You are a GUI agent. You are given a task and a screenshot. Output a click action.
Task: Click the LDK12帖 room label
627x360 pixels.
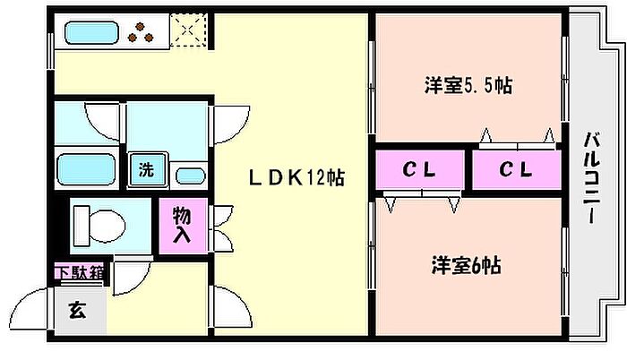[x=296, y=177]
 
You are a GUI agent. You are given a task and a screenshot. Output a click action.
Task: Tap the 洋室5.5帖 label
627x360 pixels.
[x=468, y=85]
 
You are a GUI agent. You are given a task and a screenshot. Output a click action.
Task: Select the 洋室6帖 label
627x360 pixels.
[x=467, y=266]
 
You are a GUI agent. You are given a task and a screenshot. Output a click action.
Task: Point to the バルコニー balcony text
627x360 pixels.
[x=592, y=178]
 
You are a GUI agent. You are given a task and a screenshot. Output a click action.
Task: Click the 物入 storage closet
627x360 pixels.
[x=183, y=226]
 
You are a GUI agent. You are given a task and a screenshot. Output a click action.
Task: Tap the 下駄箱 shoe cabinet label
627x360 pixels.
[x=80, y=272]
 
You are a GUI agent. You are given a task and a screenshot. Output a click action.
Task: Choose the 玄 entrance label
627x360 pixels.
[x=77, y=310]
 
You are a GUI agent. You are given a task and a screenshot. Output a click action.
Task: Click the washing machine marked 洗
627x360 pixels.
[x=148, y=169]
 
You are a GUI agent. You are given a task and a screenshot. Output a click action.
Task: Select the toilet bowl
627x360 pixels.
[x=99, y=226]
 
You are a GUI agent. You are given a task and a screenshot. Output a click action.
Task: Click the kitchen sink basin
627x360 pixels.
[x=91, y=32]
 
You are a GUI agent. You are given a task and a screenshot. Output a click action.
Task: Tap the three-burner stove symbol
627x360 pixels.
[x=141, y=33]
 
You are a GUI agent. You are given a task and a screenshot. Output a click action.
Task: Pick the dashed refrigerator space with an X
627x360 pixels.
[x=188, y=30]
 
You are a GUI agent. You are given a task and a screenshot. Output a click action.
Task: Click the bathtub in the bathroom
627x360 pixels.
[x=86, y=169]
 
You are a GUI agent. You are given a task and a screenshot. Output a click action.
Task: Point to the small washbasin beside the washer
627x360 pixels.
[x=191, y=176]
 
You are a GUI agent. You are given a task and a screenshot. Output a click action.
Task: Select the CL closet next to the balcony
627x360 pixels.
[x=516, y=169]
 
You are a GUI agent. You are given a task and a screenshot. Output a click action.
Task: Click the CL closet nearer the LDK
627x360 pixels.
[x=419, y=169]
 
